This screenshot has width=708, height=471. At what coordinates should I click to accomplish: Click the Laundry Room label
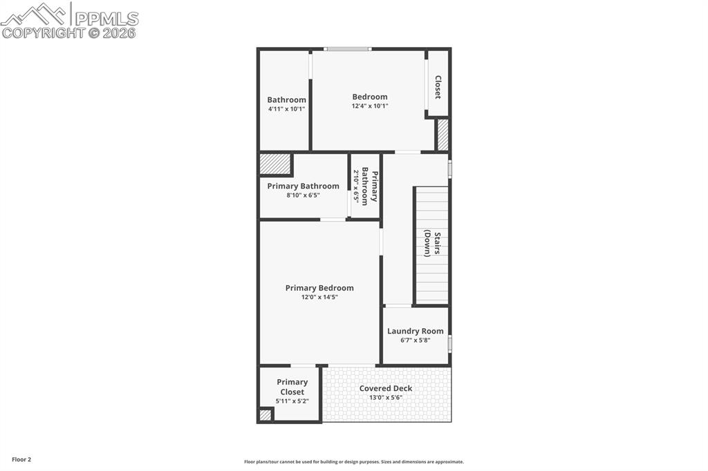click(x=415, y=331)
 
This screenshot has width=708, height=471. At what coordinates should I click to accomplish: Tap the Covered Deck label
click(x=385, y=388)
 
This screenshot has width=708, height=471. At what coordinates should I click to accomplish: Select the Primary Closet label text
click(x=292, y=387)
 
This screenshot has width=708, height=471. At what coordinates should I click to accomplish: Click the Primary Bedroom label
click(x=319, y=288)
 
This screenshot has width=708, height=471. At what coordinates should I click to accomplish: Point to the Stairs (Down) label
click(x=432, y=243)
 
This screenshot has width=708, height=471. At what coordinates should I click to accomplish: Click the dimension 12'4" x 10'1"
click(x=370, y=106)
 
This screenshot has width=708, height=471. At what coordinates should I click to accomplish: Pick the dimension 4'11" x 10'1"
click(x=286, y=109)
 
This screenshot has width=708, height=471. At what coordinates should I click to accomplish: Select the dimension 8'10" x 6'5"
click(x=303, y=195)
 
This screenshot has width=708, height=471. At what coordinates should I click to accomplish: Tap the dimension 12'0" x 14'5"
click(x=319, y=298)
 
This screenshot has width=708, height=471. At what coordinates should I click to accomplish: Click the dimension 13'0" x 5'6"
click(x=385, y=398)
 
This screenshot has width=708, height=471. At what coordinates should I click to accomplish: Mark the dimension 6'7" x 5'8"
click(x=415, y=340)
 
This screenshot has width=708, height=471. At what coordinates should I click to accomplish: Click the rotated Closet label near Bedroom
click(x=438, y=87)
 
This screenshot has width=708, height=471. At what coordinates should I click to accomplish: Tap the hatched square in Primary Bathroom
click(x=274, y=164)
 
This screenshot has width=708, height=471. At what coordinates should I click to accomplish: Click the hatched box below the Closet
click(x=442, y=135)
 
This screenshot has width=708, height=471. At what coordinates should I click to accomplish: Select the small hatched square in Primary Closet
click(x=265, y=415)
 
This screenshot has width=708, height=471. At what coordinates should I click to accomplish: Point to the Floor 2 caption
click(x=21, y=459)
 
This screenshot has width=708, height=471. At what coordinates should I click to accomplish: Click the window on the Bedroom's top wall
click(x=348, y=49)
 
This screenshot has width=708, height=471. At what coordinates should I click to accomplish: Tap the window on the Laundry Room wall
click(x=449, y=343)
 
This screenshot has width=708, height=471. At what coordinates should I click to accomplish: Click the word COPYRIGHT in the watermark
click(x=43, y=32)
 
